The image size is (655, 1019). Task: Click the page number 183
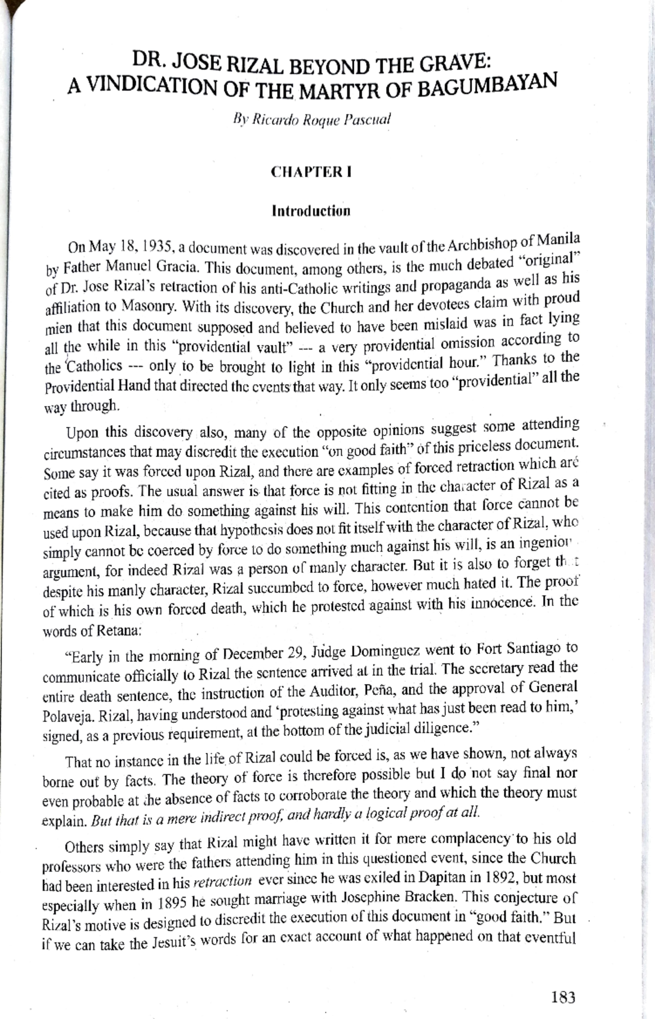point(563,998)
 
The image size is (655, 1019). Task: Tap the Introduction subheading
point(311,211)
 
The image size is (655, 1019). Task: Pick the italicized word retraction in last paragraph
point(223,882)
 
